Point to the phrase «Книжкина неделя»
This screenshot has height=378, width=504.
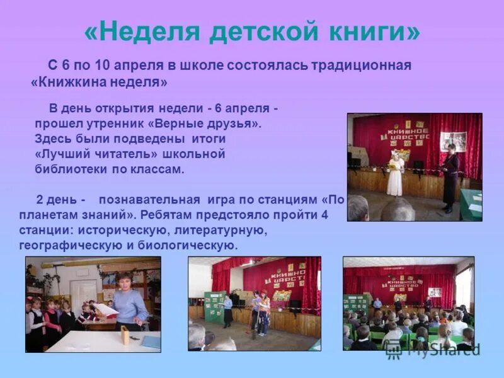point(100,83)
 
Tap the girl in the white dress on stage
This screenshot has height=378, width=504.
point(395,173)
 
